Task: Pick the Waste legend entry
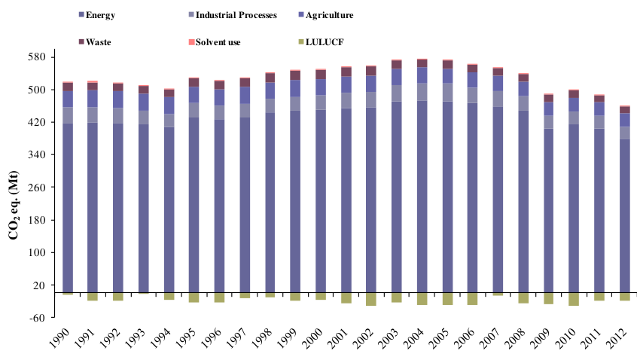(98, 42)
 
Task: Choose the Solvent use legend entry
(218, 42)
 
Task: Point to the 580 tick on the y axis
(36, 57)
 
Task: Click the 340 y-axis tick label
(36, 155)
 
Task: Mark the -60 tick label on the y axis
(37, 318)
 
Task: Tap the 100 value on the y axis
(36, 252)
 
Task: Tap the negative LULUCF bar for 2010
(574, 299)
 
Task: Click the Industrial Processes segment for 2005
(447, 92)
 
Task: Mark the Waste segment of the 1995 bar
(194, 82)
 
